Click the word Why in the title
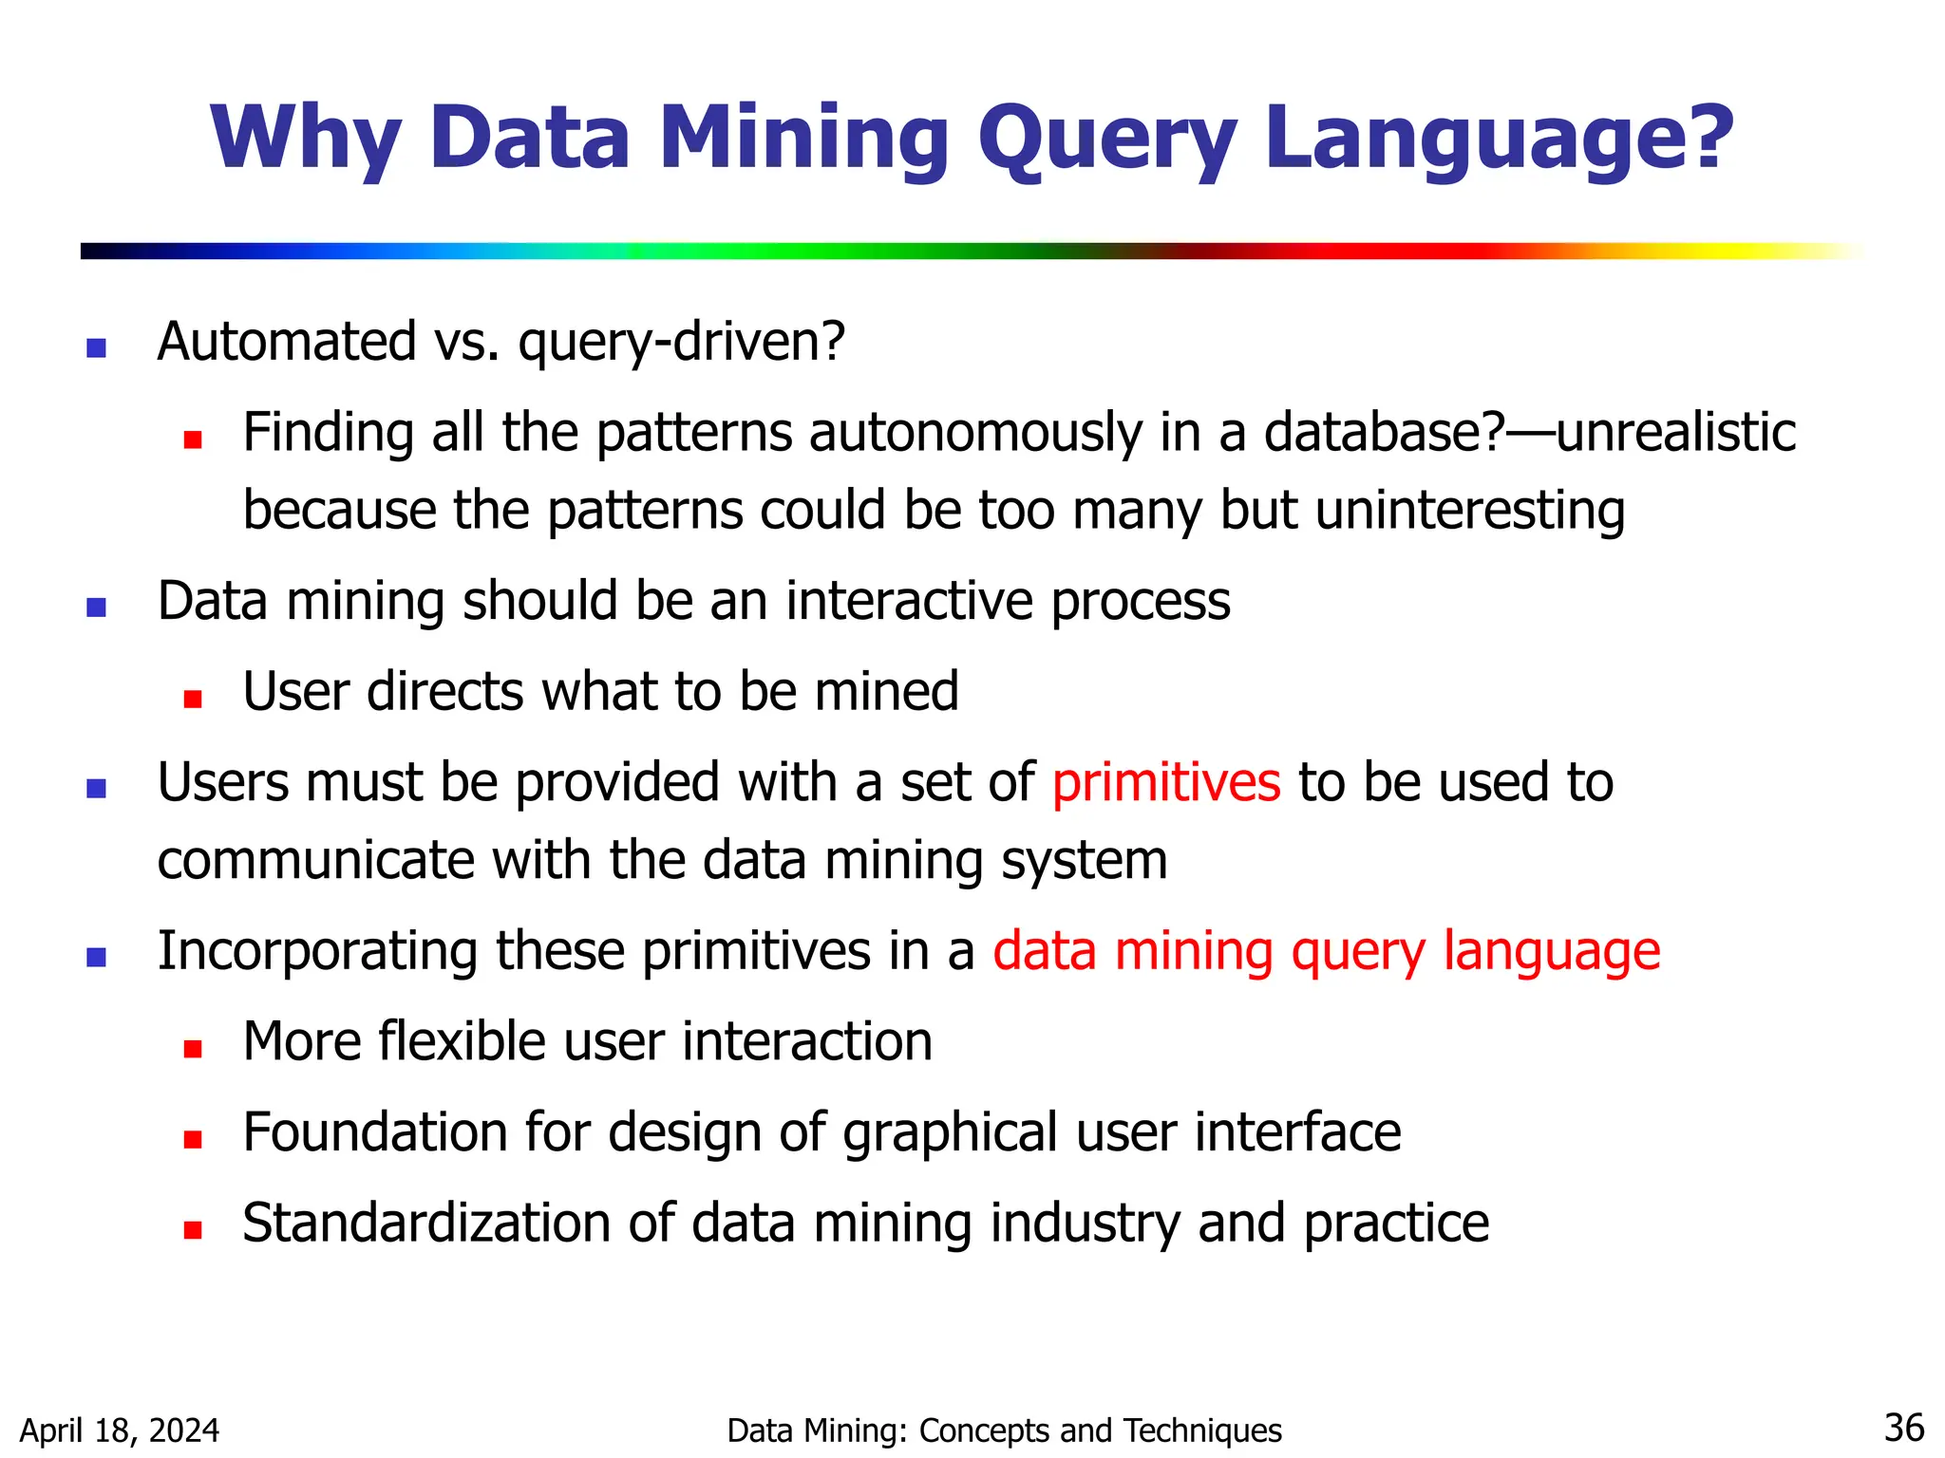(306, 139)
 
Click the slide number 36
(1903, 1428)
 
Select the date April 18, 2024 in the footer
(120, 1430)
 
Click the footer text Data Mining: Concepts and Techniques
(1004, 1430)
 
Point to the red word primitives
(1166, 783)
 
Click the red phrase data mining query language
(1326, 951)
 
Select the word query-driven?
(681, 342)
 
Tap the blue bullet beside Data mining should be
(96, 607)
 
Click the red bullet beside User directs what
(193, 700)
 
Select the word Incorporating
(317, 951)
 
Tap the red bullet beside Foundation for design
(193, 1139)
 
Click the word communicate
(314, 861)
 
